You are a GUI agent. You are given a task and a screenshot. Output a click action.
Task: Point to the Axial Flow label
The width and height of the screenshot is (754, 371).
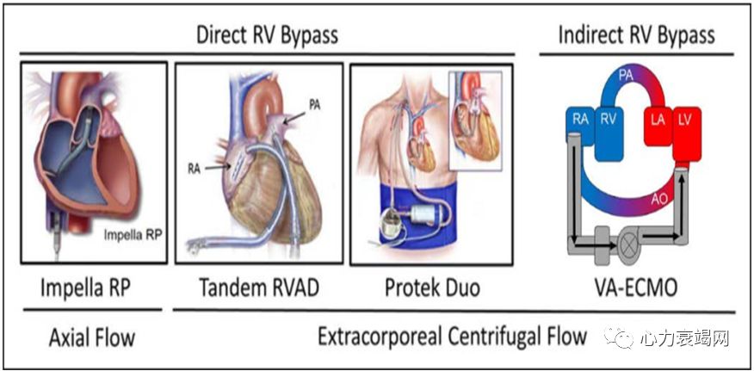(91, 337)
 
